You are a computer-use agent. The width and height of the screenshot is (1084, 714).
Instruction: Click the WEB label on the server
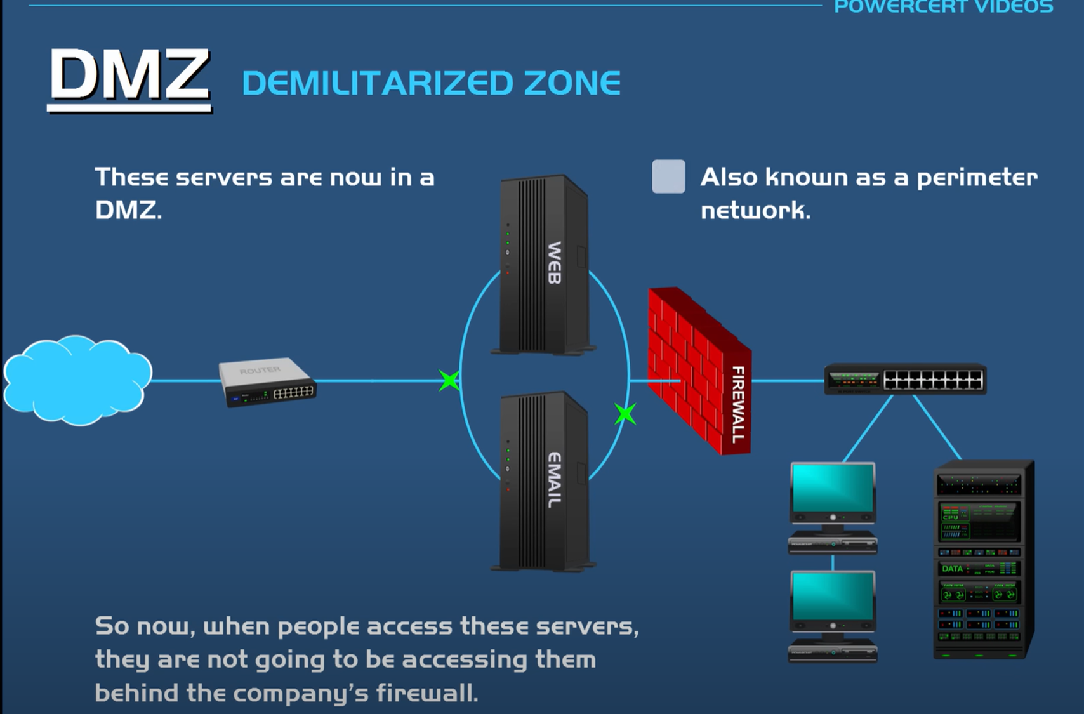554,262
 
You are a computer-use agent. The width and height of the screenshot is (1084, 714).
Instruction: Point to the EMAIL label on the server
554,480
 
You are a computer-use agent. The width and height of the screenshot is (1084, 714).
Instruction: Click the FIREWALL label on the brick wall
737,404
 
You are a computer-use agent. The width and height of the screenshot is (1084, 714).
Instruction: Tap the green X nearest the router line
449,381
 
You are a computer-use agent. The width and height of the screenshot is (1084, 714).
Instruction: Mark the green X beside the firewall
625,414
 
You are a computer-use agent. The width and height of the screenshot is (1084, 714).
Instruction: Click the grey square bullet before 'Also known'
668,176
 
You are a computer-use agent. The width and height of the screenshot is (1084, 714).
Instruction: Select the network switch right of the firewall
905,380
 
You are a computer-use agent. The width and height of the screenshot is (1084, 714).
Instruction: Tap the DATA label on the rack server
952,569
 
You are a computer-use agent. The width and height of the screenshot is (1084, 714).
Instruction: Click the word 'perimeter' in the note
977,178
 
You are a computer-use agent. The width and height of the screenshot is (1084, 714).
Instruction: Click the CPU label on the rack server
950,517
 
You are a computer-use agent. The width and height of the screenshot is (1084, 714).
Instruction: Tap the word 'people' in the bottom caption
318,626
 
